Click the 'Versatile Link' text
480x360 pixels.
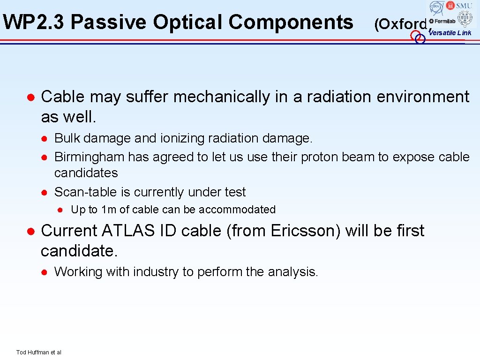(451, 33)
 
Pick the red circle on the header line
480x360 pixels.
(415, 36)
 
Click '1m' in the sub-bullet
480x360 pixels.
(109, 210)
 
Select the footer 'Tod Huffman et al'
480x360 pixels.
(38, 352)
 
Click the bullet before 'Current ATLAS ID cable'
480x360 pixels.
(30, 231)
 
